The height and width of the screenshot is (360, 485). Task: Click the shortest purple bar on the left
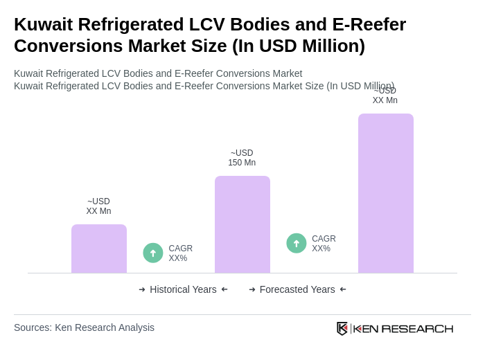[x=98, y=249]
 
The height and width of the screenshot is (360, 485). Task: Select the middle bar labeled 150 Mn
[x=242, y=224]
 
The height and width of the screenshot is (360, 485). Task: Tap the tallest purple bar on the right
[x=385, y=193]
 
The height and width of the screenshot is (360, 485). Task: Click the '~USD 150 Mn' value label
[x=242, y=158]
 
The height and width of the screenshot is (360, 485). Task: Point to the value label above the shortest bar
[x=98, y=206]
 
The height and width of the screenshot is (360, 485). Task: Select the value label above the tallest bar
[x=385, y=96]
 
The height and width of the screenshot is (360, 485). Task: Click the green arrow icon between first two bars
[x=153, y=253]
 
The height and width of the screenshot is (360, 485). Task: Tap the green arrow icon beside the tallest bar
[x=297, y=243]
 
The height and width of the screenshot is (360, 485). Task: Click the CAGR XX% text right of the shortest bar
[x=180, y=253]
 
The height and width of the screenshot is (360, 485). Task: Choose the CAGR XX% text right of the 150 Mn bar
[x=324, y=244]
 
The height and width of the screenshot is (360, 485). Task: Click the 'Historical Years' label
[x=183, y=289]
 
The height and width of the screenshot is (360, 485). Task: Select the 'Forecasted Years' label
[x=297, y=289]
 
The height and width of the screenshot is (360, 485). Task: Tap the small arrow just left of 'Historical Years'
[x=142, y=289]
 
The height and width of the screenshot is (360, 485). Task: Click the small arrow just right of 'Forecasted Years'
[x=343, y=289]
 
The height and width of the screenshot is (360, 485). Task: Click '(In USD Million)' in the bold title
[x=298, y=46]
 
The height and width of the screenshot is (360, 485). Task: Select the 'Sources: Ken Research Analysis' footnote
[x=84, y=327]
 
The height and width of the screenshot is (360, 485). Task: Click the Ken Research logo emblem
[x=342, y=328]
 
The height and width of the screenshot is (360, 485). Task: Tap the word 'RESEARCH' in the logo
[x=417, y=328]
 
